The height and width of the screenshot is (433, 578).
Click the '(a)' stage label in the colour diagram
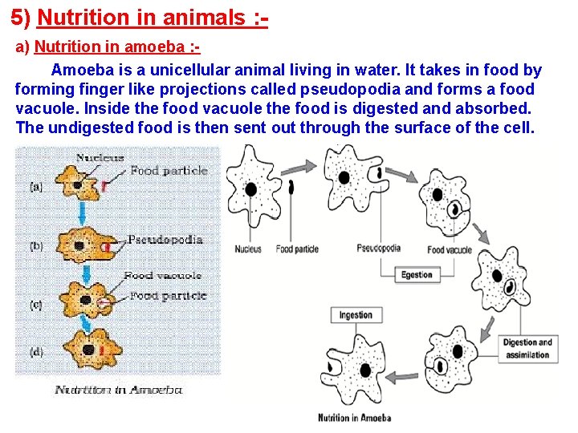coord(36,186)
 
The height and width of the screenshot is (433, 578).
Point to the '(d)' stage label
coord(36,350)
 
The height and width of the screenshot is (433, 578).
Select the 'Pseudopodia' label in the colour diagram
coord(165,240)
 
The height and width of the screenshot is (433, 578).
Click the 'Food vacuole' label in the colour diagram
coord(162,276)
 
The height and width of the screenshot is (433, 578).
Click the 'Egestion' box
coord(417,275)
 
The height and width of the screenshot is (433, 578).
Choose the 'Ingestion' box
coord(356,315)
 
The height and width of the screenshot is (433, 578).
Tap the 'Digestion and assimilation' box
coord(527,349)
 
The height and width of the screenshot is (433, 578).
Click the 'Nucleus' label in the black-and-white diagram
coord(248,249)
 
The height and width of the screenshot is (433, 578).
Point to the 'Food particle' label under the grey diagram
coord(297,249)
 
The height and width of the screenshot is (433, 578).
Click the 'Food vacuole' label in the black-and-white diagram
coord(450,250)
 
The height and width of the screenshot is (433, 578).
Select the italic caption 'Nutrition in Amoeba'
coord(119,391)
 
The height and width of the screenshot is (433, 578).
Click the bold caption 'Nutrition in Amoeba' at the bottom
coord(354,418)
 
